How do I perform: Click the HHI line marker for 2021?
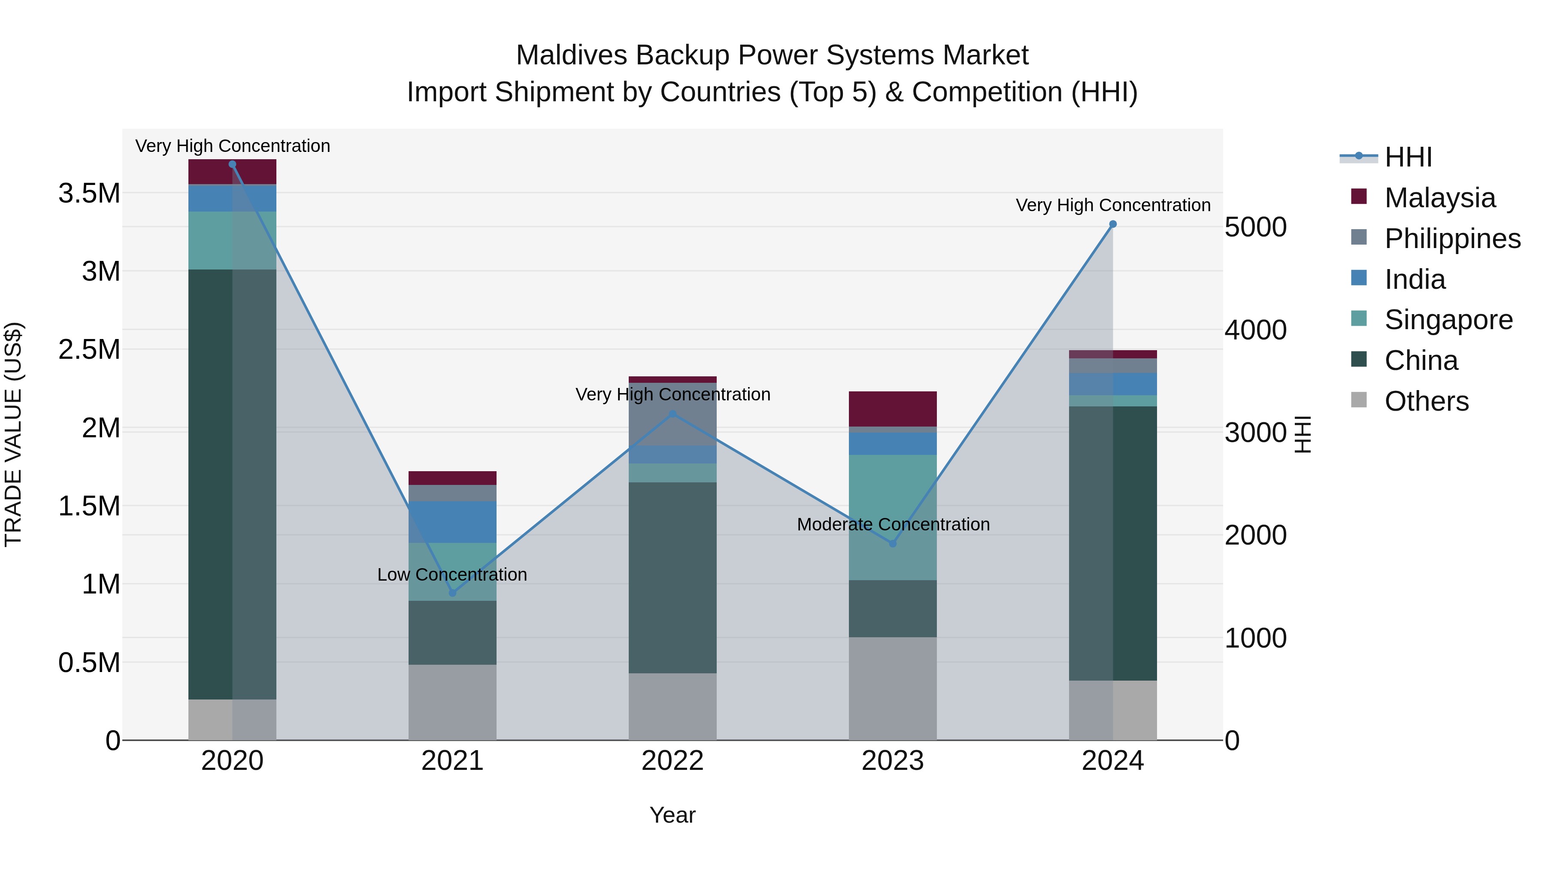452,593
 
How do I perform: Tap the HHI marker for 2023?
893,543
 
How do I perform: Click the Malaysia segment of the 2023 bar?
893,409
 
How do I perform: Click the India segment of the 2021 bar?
452,522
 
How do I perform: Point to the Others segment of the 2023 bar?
893,688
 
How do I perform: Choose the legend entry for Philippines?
1452,239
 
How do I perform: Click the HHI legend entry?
1408,157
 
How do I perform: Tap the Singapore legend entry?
1448,320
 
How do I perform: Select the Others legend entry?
1426,401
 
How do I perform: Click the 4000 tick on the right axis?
1255,330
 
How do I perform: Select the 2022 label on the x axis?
673,761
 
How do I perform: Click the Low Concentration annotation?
452,575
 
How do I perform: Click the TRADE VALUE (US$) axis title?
13,434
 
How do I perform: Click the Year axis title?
673,815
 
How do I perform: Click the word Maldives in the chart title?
572,55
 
